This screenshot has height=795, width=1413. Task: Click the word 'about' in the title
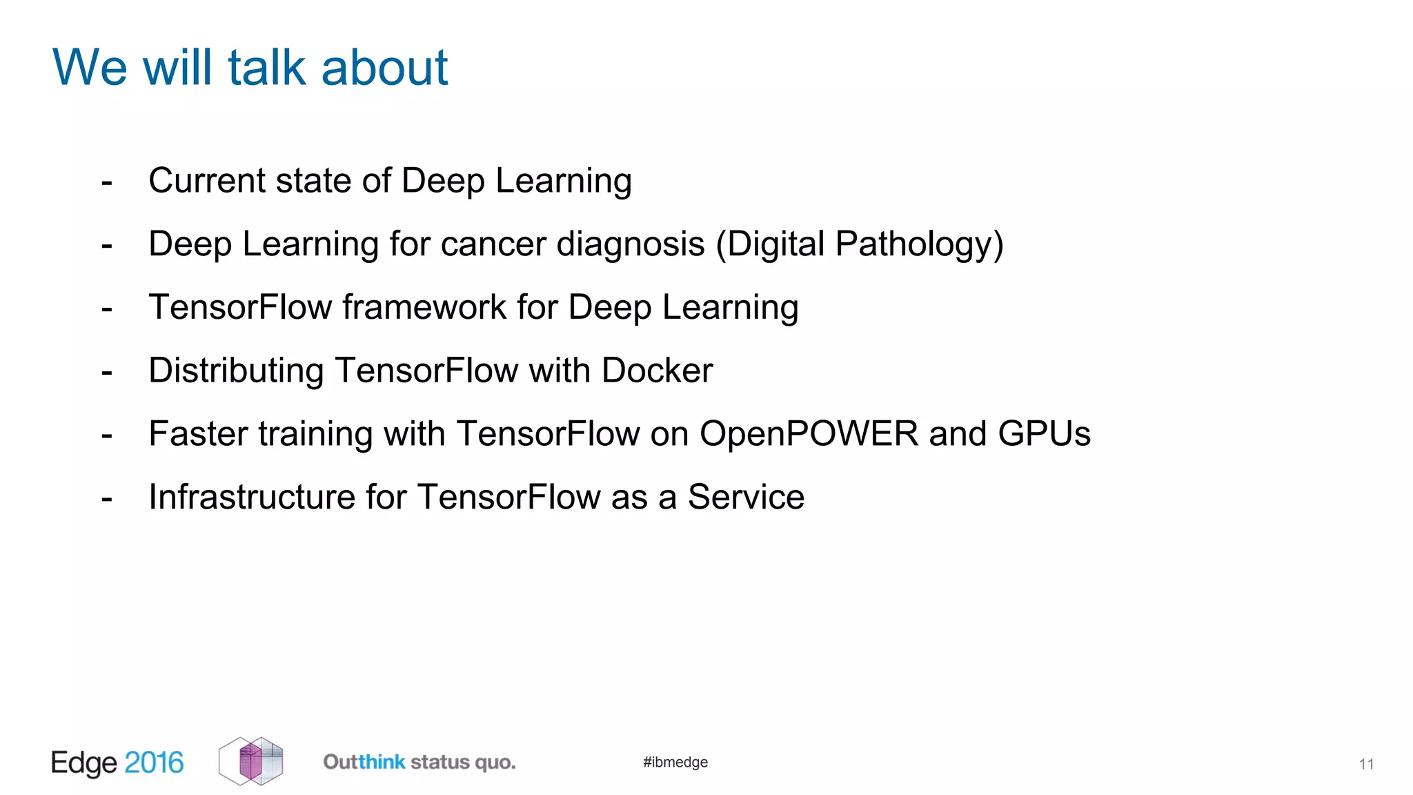tap(384, 68)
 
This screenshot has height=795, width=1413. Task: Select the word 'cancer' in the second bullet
tap(493, 244)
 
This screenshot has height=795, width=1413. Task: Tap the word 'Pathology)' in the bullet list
tap(919, 244)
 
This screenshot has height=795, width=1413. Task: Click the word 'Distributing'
tap(236, 371)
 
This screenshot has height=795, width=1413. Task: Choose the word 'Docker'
tap(657, 371)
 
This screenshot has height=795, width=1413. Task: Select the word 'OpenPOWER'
tap(809, 434)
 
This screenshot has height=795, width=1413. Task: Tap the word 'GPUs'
tap(1044, 434)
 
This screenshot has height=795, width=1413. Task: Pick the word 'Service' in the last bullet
tap(746, 498)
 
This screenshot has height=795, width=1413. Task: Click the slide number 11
tap(1366, 764)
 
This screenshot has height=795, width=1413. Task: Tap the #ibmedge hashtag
tap(675, 762)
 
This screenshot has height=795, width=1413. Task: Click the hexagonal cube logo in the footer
tap(251, 761)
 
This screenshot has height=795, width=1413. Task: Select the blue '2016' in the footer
tap(154, 763)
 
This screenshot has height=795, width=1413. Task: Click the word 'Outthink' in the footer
tap(364, 762)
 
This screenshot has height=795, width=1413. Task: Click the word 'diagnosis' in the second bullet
tap(630, 244)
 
